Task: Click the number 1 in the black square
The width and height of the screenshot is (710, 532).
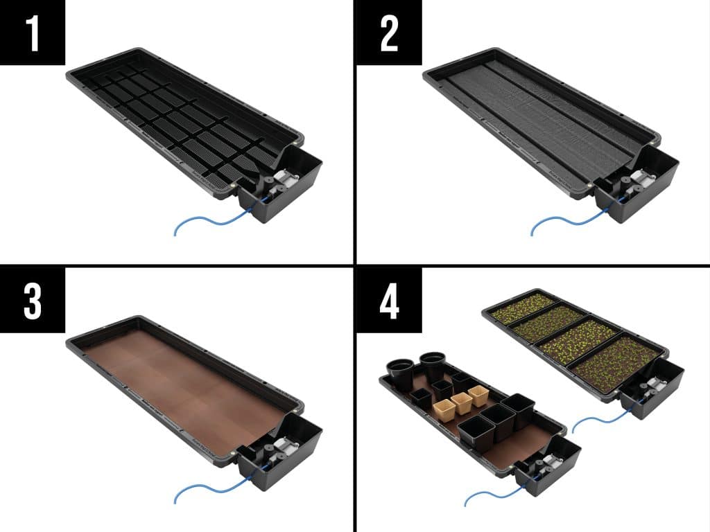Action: [x=33, y=33]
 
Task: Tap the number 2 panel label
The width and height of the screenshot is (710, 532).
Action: [x=389, y=33]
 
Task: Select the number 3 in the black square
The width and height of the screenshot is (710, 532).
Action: [x=33, y=301]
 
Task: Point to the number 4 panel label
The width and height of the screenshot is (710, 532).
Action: [x=390, y=301]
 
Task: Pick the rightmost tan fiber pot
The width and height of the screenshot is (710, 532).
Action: [x=478, y=396]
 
